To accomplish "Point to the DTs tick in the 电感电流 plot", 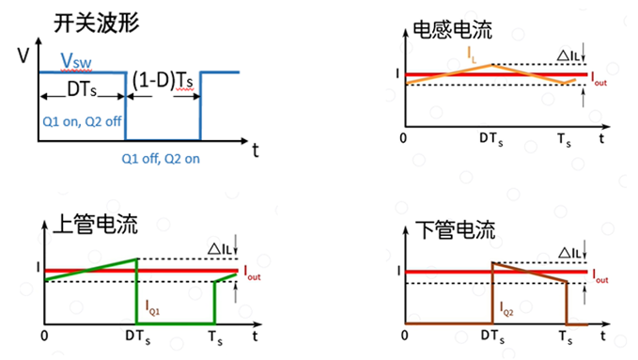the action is [x=491, y=139].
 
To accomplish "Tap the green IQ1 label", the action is [x=153, y=305].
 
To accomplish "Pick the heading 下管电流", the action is [x=454, y=229].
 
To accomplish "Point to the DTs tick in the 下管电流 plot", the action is [x=491, y=336].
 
